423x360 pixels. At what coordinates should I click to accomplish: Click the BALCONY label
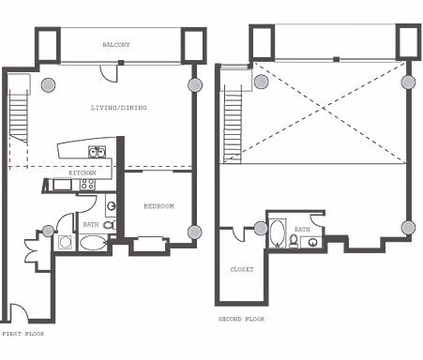[x=116, y=44]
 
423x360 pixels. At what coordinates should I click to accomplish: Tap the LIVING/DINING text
[x=118, y=107]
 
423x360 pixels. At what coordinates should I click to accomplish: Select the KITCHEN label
[x=83, y=173]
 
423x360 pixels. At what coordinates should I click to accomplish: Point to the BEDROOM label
[x=159, y=205]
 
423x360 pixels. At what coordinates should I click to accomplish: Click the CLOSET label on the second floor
[x=242, y=269]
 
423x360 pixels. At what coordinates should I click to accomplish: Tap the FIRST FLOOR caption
[x=22, y=333]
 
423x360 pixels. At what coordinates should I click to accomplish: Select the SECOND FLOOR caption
[x=242, y=319]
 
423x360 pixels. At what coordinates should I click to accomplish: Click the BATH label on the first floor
[x=90, y=224]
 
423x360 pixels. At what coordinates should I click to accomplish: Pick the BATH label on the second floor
[x=301, y=229]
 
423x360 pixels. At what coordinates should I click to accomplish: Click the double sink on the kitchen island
[x=96, y=152]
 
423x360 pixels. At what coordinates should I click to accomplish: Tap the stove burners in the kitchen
[x=88, y=186]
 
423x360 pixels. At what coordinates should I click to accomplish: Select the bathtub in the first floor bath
[x=93, y=243]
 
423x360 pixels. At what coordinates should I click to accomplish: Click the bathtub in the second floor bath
[x=279, y=233]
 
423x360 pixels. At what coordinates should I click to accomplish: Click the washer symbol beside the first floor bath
[x=66, y=243]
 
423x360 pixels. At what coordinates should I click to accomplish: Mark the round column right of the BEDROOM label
[x=194, y=232]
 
